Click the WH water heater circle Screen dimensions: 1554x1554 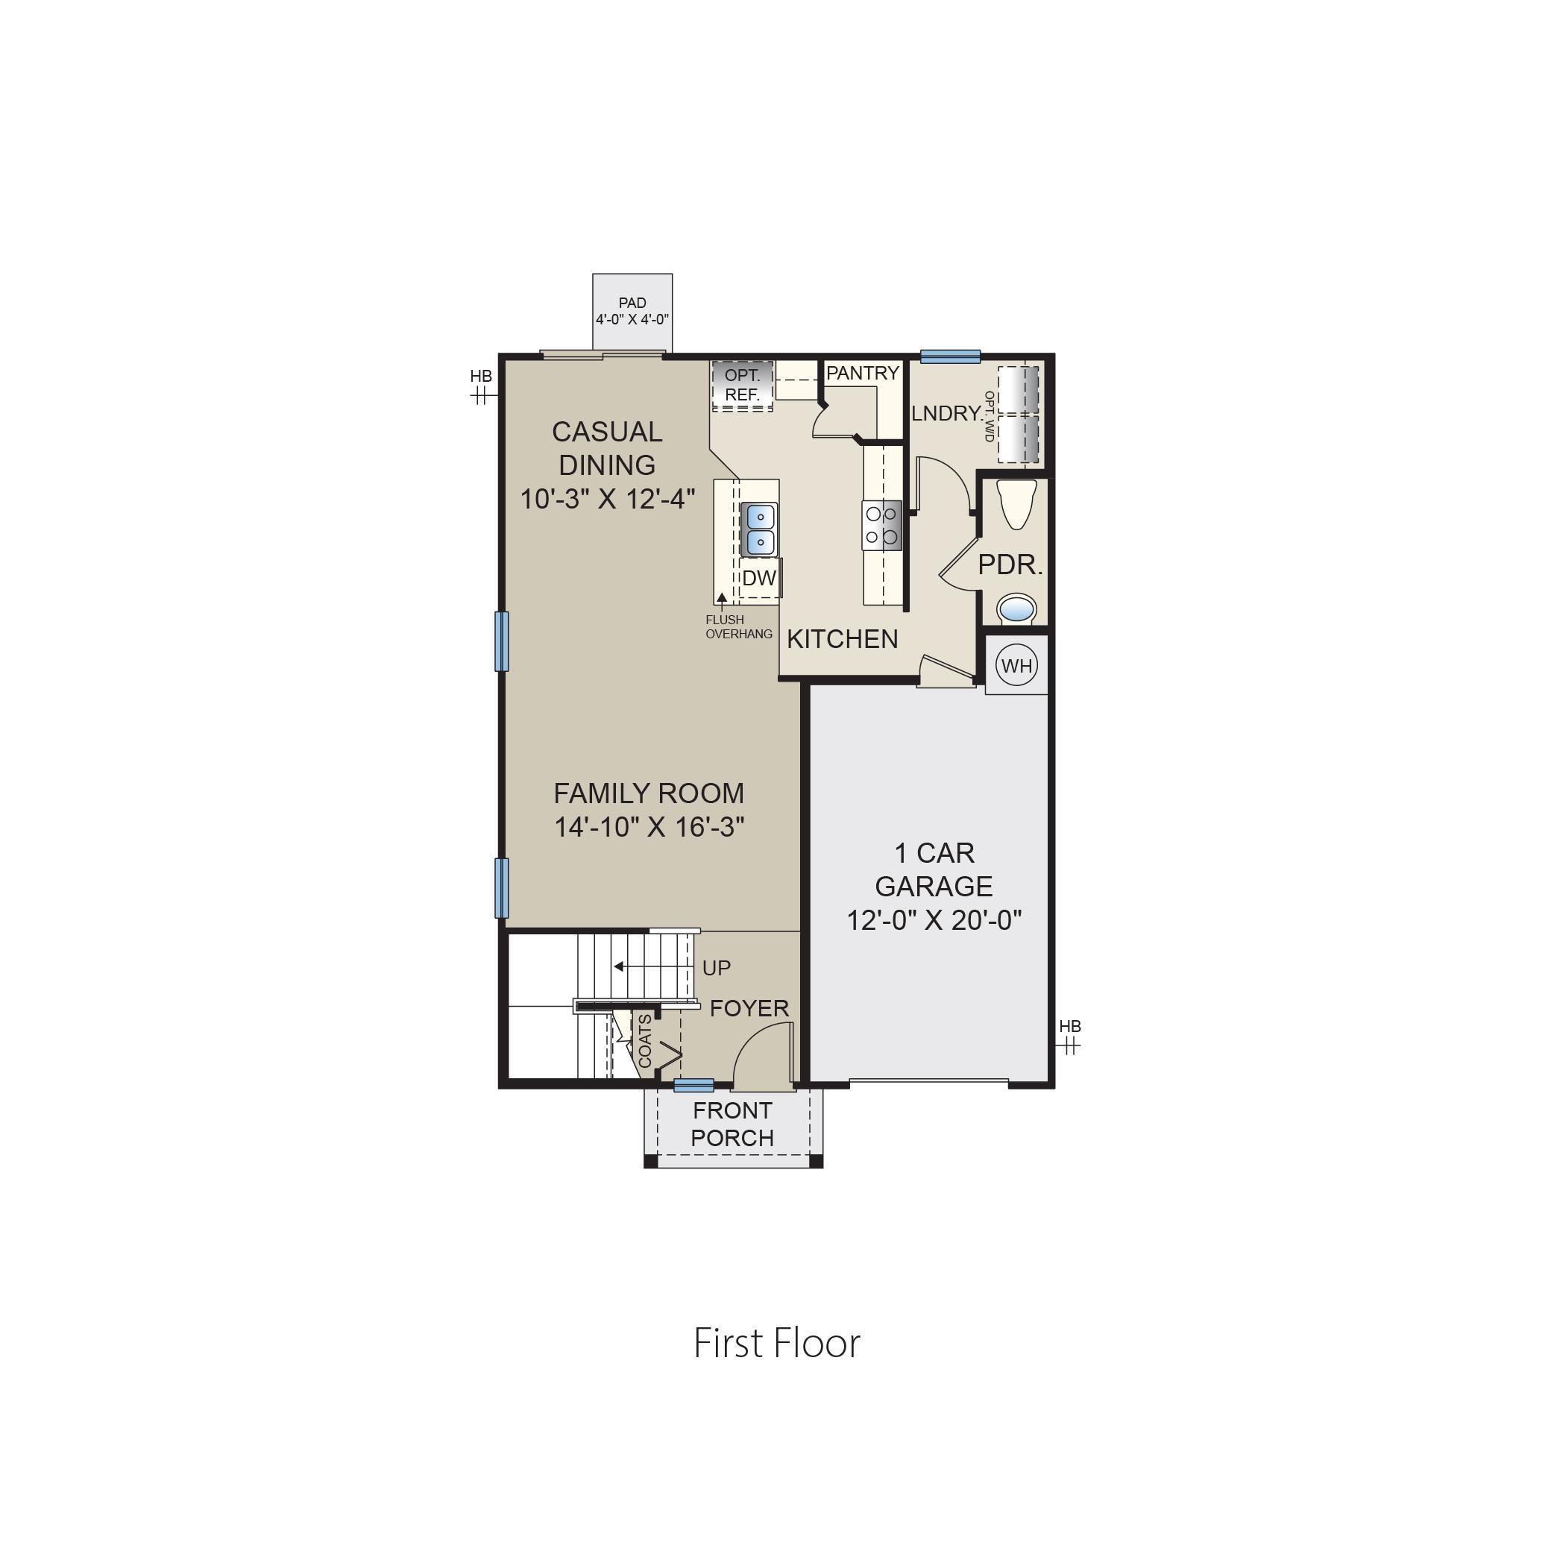click(x=1016, y=665)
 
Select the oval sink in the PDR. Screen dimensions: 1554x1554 click(x=1018, y=608)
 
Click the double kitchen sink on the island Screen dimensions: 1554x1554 click(x=758, y=529)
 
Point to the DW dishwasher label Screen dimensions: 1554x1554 click(x=758, y=577)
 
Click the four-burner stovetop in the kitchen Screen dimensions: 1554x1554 click(x=881, y=524)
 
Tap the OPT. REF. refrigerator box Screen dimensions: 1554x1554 click(x=742, y=386)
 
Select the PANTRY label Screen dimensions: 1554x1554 click(x=862, y=374)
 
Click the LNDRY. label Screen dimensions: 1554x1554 click(x=947, y=413)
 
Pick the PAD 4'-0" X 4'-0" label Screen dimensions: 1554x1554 click(x=632, y=311)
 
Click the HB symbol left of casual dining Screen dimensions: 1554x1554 click(x=481, y=386)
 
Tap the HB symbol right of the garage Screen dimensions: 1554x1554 click(x=1070, y=1036)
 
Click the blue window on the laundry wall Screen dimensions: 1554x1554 click(x=950, y=356)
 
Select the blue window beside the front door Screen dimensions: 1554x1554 click(x=693, y=1085)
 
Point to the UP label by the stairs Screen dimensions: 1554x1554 click(x=716, y=969)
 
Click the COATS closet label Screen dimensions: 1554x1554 click(x=645, y=1041)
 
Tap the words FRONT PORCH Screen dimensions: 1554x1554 click(x=732, y=1124)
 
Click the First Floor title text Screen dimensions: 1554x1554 click(x=777, y=1342)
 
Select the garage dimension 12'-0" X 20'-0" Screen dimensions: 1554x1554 click(x=934, y=919)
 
